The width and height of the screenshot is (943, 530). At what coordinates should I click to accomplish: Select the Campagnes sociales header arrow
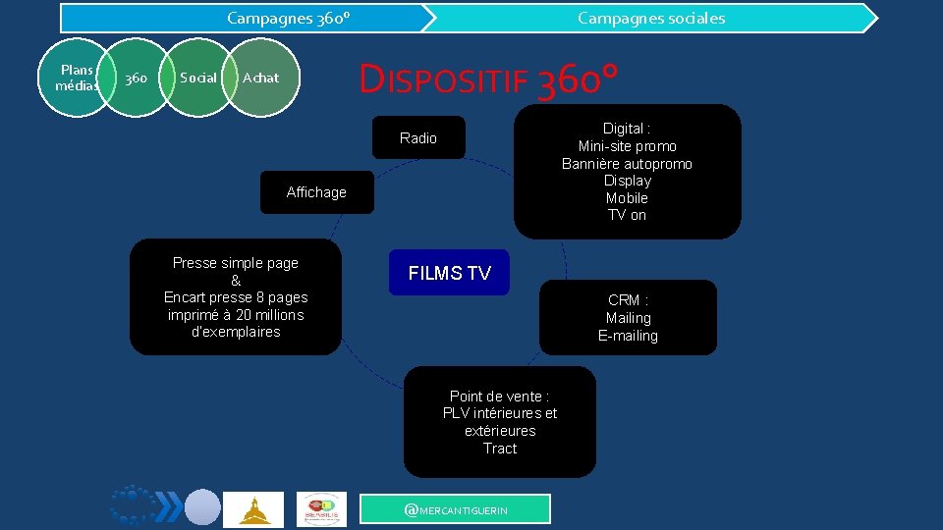tap(651, 18)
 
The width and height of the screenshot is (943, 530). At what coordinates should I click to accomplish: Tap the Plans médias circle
tap(77, 78)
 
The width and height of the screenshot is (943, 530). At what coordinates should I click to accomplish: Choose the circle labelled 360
tap(137, 78)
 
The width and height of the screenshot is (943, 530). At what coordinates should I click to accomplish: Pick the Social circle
tap(198, 78)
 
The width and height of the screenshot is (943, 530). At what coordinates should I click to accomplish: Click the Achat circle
tap(260, 78)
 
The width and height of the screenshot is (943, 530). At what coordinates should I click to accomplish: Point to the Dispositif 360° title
tap(488, 79)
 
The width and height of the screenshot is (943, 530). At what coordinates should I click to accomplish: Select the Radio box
tap(418, 138)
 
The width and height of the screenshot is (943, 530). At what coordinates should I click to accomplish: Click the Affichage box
tap(316, 192)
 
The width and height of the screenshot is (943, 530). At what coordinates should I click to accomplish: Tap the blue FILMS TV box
tap(449, 274)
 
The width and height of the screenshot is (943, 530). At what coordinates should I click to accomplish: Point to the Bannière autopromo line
tap(627, 164)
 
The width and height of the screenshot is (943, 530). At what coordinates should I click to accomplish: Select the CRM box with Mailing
tap(628, 317)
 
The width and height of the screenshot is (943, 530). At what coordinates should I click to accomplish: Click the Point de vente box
tap(499, 422)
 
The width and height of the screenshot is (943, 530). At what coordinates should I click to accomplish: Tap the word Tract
tap(499, 449)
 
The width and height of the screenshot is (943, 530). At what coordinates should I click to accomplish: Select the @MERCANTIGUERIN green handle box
tap(456, 509)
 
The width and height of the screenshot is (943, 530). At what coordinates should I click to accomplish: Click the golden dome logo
tap(253, 509)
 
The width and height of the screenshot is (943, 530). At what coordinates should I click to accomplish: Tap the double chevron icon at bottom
tap(169, 506)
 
